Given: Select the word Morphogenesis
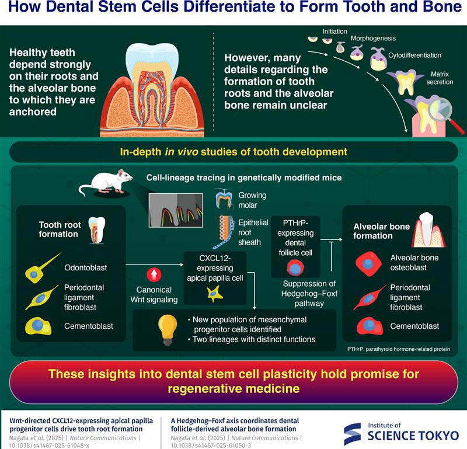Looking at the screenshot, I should (x=373, y=39).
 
